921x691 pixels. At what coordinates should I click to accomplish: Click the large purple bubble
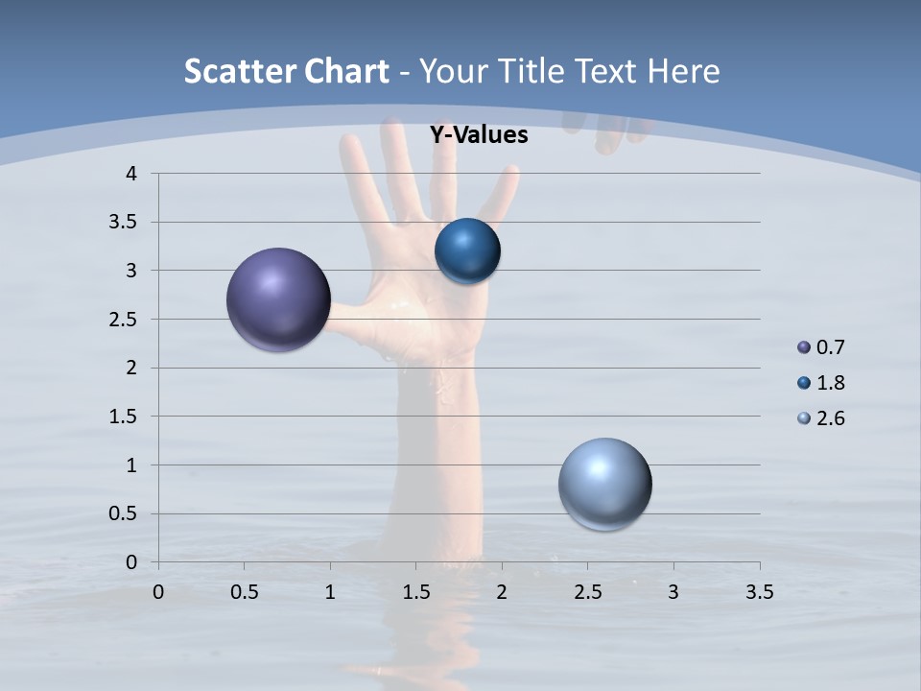point(278,299)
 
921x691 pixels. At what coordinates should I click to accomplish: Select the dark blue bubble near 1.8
point(467,251)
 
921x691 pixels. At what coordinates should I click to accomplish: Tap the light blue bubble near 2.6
point(604,484)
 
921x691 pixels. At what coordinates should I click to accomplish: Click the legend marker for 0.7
point(804,347)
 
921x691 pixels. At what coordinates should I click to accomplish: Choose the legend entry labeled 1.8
point(830,383)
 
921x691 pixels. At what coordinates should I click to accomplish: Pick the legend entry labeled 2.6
point(830,418)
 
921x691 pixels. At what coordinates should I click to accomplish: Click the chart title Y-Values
point(479,135)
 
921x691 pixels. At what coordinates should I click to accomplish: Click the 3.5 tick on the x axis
point(759,592)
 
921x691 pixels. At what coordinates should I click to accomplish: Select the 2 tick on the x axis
point(501,592)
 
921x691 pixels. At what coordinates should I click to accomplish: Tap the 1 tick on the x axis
point(330,592)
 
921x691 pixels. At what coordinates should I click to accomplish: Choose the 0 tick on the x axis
point(158,592)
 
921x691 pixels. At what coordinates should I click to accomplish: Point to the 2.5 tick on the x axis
point(587,592)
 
